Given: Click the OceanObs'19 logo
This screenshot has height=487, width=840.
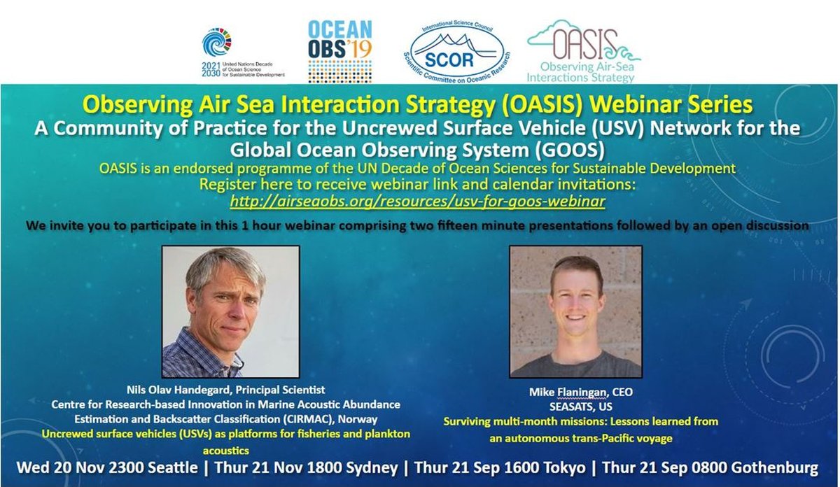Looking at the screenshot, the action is [339, 51].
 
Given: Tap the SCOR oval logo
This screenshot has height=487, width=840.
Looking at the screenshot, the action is [456, 51].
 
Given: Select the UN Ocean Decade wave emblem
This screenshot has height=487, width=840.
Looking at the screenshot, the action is [217, 42].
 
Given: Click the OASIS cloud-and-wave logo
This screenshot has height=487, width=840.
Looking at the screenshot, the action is [584, 51].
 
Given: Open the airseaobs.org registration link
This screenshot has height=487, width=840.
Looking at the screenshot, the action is [417, 202].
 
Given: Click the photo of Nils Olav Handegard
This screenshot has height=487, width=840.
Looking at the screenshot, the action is [230, 311].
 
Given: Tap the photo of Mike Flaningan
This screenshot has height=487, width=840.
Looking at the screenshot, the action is [575, 311].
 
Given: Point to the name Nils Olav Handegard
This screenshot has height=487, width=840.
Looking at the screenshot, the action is [178, 390].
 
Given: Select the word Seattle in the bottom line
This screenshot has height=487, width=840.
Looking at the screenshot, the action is [173, 467].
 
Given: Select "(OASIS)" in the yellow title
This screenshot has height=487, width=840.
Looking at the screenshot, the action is [542, 104].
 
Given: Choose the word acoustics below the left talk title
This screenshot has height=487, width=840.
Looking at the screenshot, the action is [225, 450].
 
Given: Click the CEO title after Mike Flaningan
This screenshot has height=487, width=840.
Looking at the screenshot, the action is [622, 392].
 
